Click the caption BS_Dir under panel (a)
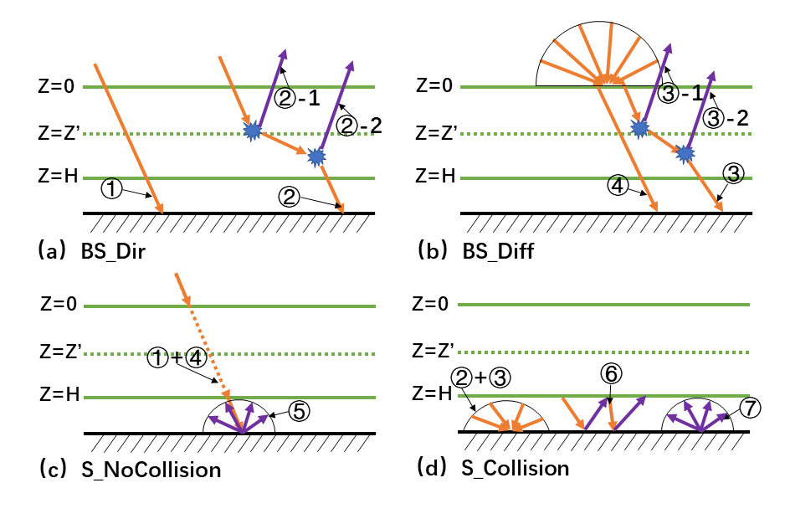click(114, 249)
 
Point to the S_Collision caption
click(515, 467)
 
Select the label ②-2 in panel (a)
click(360, 127)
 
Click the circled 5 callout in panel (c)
click(300, 411)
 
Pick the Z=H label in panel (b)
click(435, 177)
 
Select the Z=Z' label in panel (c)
click(59, 352)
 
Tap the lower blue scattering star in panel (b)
click(685, 153)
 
